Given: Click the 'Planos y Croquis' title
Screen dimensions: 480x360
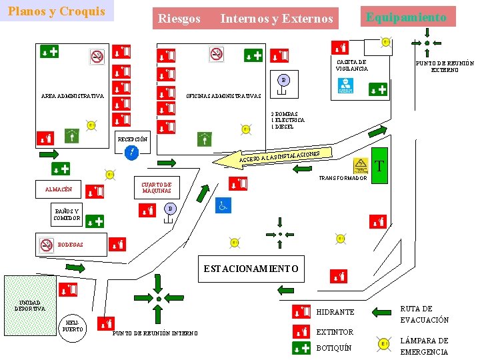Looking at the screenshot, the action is point(57,11).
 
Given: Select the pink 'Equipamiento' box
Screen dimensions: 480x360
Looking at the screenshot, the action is point(406,17).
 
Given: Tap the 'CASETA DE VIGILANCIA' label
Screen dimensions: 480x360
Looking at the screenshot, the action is point(351,65).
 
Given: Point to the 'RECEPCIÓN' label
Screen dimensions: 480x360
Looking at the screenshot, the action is point(133,139).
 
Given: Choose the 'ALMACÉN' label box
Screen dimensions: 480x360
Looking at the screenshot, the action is point(59,190).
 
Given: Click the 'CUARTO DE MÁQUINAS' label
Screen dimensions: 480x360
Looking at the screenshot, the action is point(157,188).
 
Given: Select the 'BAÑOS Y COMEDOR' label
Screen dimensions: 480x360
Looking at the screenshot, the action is point(67,215).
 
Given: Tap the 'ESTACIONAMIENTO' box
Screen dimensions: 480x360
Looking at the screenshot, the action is point(251,268).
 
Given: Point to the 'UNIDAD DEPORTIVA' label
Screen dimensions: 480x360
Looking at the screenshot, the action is point(29,305).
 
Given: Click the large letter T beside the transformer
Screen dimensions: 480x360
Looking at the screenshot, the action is point(379,165).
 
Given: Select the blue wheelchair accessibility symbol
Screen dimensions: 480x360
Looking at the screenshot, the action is point(223,207).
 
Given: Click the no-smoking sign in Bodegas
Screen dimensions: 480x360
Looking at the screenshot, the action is point(46,245).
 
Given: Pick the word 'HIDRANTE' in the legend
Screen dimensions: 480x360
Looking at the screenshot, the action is point(335,312).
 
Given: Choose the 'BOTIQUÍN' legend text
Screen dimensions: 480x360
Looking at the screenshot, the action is point(333,348).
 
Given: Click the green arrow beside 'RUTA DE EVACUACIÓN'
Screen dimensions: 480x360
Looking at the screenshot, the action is point(381,311).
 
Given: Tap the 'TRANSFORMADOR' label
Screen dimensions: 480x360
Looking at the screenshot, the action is point(343,178).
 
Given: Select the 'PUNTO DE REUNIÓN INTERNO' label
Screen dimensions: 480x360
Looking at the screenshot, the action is point(155,333).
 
